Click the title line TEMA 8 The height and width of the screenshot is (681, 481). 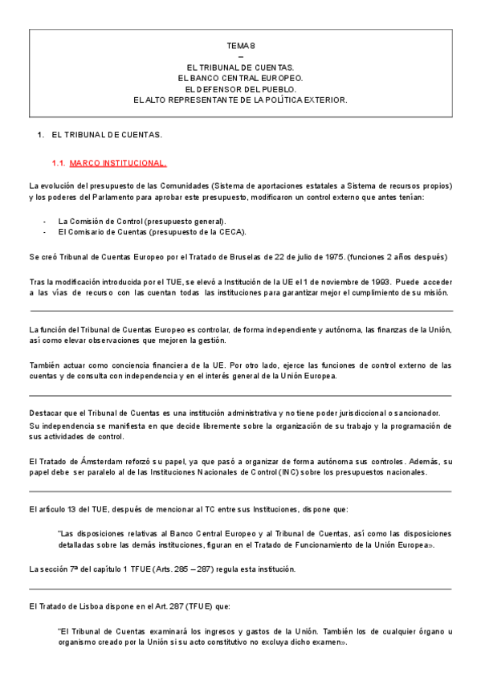[240, 47]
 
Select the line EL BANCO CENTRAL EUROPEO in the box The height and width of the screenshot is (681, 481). [240, 78]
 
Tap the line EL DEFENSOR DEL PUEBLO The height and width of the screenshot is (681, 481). [240, 89]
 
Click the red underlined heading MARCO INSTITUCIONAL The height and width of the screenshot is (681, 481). [118, 163]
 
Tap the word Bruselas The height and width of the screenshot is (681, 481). [237, 256]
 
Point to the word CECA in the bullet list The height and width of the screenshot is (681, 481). [230, 231]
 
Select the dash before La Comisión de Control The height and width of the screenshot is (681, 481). [44, 221]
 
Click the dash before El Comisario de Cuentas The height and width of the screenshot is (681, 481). [44, 231]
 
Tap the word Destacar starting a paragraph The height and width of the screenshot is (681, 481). [43, 413]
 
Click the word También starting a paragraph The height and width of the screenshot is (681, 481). [43, 365]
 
